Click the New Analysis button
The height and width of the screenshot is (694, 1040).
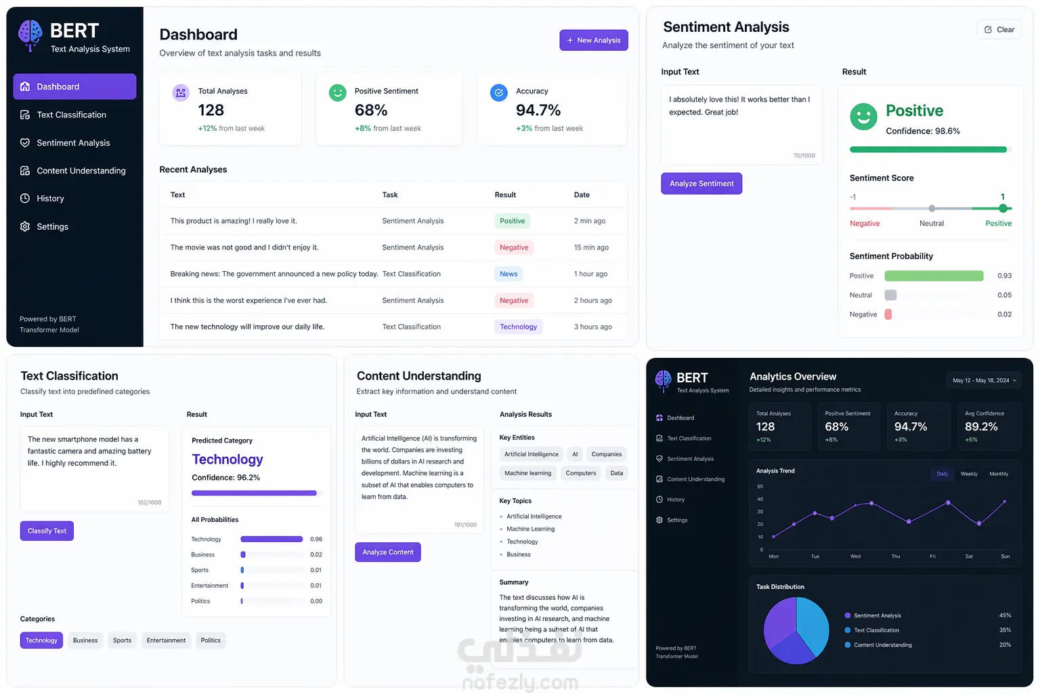(593, 40)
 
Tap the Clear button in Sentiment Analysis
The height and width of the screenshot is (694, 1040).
(999, 29)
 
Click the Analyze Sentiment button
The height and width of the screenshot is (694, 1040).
(701, 184)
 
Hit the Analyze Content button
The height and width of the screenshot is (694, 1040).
(388, 552)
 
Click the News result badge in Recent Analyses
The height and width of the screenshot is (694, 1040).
(508, 274)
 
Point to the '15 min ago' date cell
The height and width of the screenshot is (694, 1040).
(591, 247)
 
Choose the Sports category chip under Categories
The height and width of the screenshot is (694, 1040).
(122, 640)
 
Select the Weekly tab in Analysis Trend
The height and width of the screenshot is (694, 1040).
(968, 474)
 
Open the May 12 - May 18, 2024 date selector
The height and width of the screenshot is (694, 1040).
(984, 380)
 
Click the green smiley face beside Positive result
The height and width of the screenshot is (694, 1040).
(863, 116)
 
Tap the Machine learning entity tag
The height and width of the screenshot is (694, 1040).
(527, 473)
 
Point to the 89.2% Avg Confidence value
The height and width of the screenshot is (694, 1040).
(981, 427)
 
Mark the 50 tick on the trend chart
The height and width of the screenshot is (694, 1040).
(760, 486)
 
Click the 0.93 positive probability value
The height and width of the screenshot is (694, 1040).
(1004, 276)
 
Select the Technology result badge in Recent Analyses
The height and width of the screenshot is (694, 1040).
(518, 327)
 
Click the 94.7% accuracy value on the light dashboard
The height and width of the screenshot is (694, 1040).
(538, 110)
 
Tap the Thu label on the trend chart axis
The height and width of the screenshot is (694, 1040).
(895, 556)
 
